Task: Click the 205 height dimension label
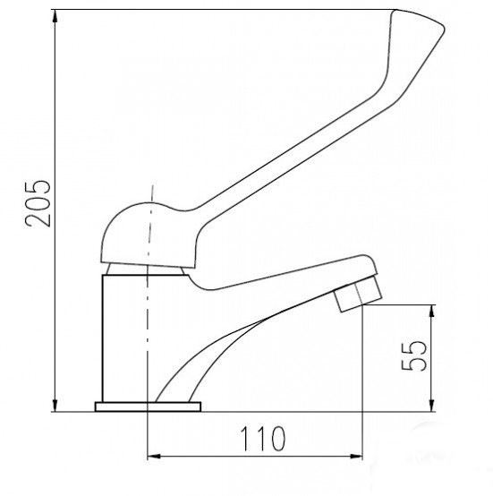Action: coord(38,203)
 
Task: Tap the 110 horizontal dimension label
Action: coord(263,439)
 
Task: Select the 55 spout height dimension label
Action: coord(414,355)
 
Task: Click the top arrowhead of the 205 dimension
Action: coord(55,16)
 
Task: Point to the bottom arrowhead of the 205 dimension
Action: coord(55,406)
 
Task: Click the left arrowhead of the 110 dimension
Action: coord(154,456)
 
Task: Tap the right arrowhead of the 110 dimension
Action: coord(356,456)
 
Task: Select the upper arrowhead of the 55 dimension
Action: coord(432,312)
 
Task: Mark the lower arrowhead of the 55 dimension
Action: coord(432,406)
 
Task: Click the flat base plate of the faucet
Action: coord(148,406)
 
